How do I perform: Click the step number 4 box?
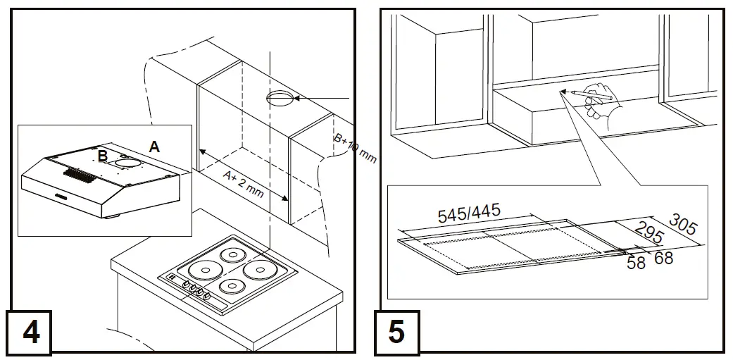[31, 331]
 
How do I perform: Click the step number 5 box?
[396, 331]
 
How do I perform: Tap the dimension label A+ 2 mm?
[244, 184]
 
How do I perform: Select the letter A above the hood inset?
[154, 147]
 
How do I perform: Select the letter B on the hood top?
[103, 156]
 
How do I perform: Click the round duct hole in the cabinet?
[282, 99]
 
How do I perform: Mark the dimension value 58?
[636, 263]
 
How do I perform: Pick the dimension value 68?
[663, 259]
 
